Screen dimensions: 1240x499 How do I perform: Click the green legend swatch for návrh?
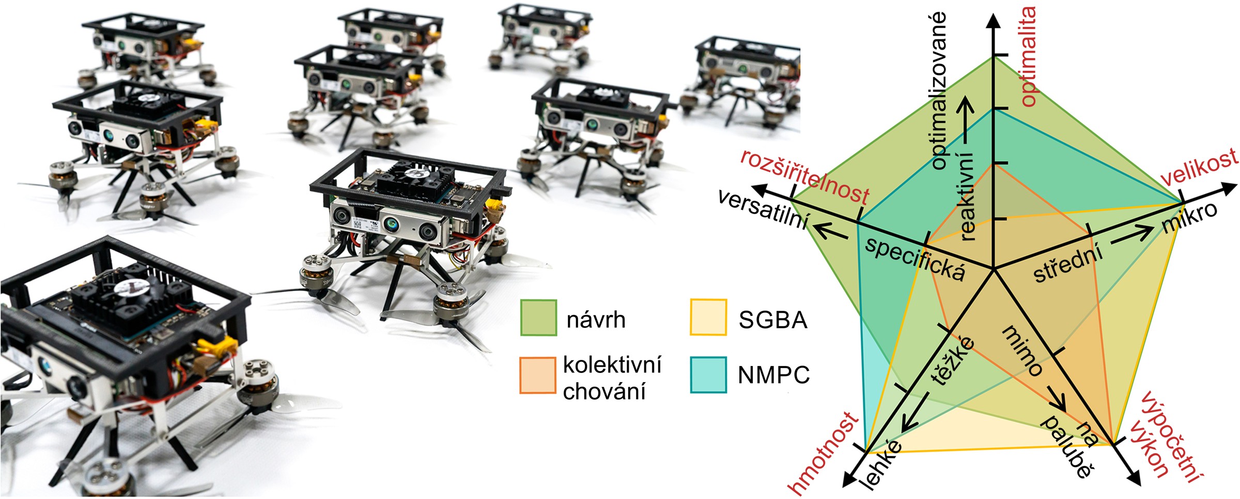coord(538,317)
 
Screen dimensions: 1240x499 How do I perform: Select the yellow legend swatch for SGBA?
coord(708,317)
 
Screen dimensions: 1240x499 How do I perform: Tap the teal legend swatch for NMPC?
coord(708,375)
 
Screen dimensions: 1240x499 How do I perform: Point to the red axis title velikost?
coord(1200,168)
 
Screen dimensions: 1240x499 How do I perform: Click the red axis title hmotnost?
coord(823,453)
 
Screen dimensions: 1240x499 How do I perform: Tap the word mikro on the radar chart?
coord(1189,217)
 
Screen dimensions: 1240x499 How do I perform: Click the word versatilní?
coord(764,209)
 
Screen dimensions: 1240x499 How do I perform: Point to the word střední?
coord(1068,264)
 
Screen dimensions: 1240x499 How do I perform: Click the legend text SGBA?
coord(773,320)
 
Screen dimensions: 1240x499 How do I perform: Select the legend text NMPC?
coord(773,375)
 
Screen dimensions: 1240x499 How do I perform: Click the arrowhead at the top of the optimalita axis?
coord(993,21)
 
